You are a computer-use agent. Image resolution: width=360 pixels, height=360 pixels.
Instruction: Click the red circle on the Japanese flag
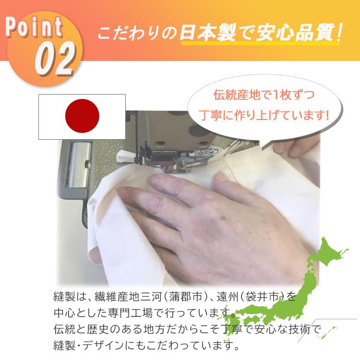tap(82, 117)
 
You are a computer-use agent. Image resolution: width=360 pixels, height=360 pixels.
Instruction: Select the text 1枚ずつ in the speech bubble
tap(296, 96)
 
